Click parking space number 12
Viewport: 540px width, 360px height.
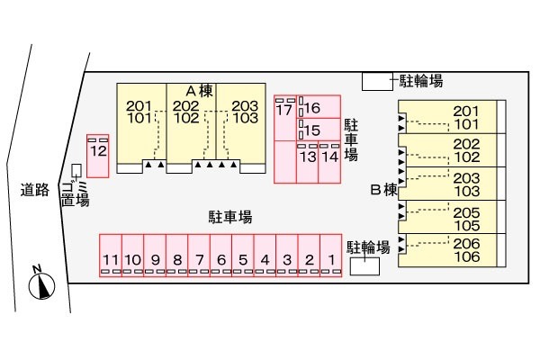point(98,156)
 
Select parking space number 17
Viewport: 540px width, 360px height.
point(285,118)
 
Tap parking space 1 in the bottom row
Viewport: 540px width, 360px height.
point(331,256)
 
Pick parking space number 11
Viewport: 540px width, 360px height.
point(111,256)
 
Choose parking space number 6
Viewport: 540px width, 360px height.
point(221,256)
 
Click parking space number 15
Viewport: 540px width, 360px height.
point(319,130)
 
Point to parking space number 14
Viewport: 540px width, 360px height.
point(329,162)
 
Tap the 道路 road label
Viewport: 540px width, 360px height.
point(35,190)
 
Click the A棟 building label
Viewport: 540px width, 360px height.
point(200,91)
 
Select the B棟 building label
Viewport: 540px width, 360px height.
point(383,190)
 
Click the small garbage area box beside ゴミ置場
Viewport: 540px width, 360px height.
point(76,170)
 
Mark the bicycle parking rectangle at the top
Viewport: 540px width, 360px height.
point(377,82)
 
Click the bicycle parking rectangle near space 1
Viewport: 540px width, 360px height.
point(364,266)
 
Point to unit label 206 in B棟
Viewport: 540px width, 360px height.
point(466,244)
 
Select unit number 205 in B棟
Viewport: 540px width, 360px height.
point(466,212)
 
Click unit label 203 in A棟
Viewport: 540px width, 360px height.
point(245,106)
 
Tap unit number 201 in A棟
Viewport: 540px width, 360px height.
point(139,106)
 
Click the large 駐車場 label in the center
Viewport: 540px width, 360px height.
point(230,217)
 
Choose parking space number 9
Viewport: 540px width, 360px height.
point(155,256)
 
